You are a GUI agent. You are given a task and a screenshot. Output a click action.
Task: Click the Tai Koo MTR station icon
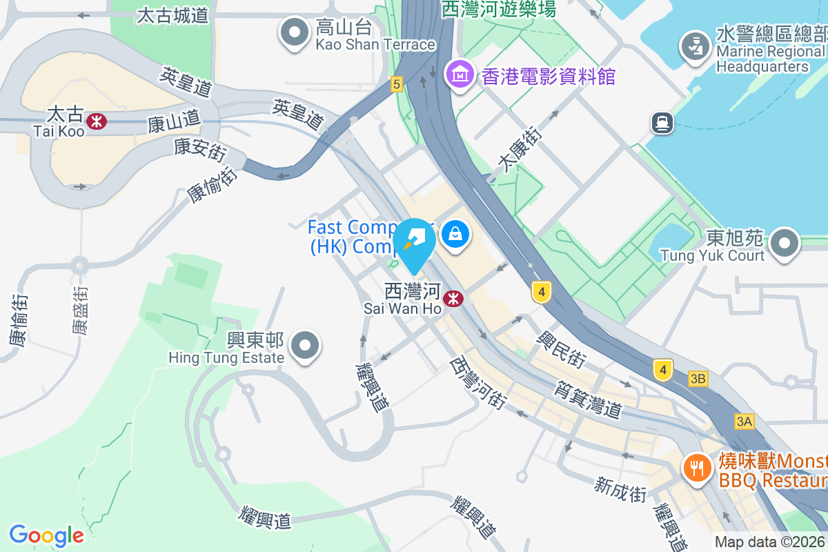[97, 121]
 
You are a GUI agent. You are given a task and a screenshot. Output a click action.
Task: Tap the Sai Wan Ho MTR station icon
[453, 299]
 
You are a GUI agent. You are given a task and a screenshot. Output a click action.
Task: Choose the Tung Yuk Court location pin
[784, 244]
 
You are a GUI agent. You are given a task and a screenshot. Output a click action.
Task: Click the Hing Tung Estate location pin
[304, 347]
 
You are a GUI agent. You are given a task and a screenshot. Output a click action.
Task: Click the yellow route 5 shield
[395, 84]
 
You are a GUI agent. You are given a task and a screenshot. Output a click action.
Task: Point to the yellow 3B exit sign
[698, 379]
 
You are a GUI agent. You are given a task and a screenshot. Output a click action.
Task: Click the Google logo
[46, 535]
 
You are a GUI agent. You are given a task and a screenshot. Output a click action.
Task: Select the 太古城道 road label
[173, 15]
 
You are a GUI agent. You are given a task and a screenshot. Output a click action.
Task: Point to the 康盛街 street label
[80, 310]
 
